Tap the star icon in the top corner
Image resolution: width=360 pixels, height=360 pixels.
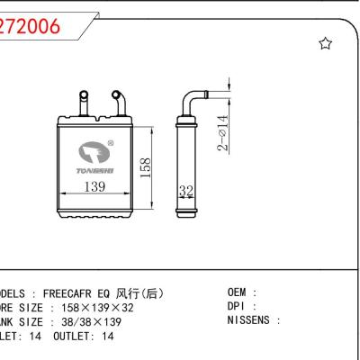[326, 43]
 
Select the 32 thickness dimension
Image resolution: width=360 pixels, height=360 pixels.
[187, 192]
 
